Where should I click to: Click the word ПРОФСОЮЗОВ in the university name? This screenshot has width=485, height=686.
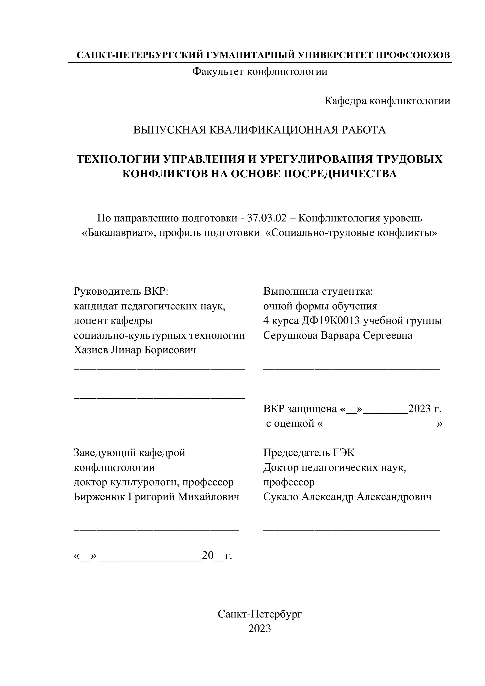[412, 55]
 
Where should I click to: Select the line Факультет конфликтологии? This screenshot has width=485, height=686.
[260, 72]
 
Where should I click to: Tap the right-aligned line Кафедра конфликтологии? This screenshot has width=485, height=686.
[387, 101]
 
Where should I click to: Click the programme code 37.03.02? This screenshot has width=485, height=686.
[267, 218]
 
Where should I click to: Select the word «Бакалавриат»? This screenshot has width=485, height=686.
[119, 233]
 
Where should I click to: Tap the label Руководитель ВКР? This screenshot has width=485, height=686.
[121, 291]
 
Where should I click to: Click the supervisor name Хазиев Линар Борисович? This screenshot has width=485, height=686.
[135, 350]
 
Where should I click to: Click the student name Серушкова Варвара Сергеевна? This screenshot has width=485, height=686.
[338, 335]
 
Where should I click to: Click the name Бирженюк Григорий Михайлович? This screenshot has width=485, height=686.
[156, 497]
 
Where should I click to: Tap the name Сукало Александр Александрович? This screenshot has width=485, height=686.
[347, 497]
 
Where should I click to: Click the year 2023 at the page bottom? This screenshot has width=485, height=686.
[260, 629]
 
